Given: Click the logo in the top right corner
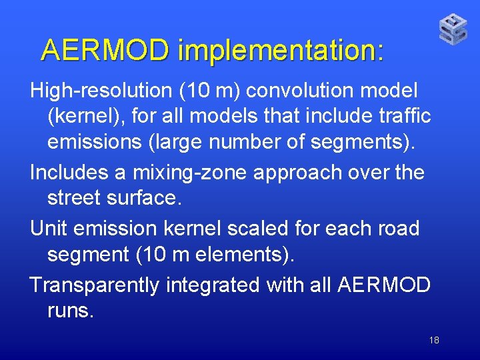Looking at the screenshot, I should (453, 29).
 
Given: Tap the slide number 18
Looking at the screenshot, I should (434, 341).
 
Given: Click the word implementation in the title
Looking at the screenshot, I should (281, 50).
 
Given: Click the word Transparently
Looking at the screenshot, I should (95, 285).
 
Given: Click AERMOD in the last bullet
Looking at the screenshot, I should (384, 285).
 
